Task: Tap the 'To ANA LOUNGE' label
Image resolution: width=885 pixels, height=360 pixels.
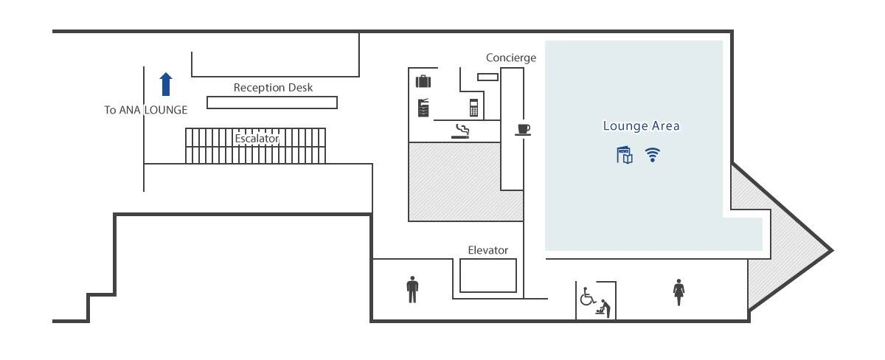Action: (x=145, y=110)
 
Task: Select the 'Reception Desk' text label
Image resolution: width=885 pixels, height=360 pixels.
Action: (x=273, y=87)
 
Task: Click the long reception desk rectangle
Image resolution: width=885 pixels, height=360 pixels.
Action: (x=271, y=103)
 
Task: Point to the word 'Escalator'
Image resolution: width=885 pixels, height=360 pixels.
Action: (x=257, y=138)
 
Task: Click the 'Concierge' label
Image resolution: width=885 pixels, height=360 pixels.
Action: (x=510, y=58)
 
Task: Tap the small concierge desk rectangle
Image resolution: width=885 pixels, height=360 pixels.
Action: (x=487, y=77)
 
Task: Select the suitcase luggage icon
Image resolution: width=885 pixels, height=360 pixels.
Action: (x=423, y=81)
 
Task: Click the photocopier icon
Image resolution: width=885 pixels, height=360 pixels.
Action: (x=423, y=108)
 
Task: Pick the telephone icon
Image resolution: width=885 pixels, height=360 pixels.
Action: (x=473, y=107)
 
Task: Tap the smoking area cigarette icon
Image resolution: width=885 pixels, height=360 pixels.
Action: (x=461, y=131)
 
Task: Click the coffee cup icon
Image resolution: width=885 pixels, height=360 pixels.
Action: (x=523, y=129)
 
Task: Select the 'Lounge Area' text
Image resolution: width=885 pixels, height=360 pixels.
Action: (x=641, y=125)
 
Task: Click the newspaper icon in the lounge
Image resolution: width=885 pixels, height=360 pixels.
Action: (x=625, y=155)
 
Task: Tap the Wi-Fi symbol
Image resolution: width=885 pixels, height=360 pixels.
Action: (x=653, y=155)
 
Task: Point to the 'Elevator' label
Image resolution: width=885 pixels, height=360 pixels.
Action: (x=487, y=250)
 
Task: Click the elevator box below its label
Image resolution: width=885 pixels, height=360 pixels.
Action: (x=487, y=275)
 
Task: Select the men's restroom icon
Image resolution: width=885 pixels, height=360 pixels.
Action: (x=412, y=289)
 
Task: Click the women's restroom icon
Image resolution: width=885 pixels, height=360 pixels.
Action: (x=678, y=292)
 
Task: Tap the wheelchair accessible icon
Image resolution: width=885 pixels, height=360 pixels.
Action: (x=588, y=297)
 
